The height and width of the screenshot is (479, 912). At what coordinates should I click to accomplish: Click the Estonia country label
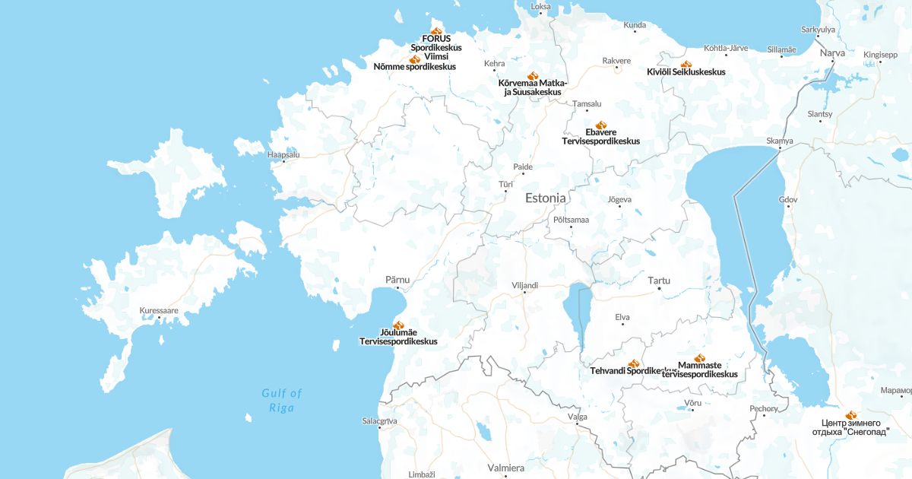click(545, 198)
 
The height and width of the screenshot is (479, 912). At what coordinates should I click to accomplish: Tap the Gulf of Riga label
click(281, 400)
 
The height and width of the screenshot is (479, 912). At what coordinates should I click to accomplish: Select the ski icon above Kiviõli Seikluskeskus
click(686, 64)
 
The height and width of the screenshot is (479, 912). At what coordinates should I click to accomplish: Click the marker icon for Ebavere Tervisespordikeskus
click(601, 125)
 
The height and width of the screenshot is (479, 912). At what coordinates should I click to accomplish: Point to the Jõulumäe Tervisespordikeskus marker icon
click(398, 325)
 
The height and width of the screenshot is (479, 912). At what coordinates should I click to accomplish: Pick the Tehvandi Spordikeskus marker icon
click(634, 363)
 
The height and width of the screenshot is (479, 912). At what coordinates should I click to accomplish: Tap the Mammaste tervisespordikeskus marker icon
click(700, 357)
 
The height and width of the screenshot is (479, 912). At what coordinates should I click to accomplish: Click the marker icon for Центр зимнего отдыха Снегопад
click(850, 415)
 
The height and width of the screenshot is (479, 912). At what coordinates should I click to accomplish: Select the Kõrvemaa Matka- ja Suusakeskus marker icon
click(533, 75)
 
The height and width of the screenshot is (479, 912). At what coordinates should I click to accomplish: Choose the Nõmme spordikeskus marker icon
click(414, 59)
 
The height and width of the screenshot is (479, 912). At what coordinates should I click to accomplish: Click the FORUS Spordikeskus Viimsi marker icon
click(436, 30)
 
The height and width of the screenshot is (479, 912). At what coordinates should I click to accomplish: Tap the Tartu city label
click(659, 281)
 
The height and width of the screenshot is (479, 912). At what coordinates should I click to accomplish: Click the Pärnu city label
click(397, 279)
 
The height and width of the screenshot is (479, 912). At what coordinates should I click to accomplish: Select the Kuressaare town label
click(159, 310)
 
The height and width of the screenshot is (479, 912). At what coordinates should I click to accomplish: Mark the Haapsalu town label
click(283, 154)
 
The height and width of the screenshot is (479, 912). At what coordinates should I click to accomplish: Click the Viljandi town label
click(524, 285)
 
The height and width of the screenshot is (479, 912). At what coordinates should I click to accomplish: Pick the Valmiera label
click(505, 468)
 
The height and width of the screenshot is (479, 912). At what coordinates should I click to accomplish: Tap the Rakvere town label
click(616, 60)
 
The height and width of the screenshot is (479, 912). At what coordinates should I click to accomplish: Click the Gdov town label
click(788, 199)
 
